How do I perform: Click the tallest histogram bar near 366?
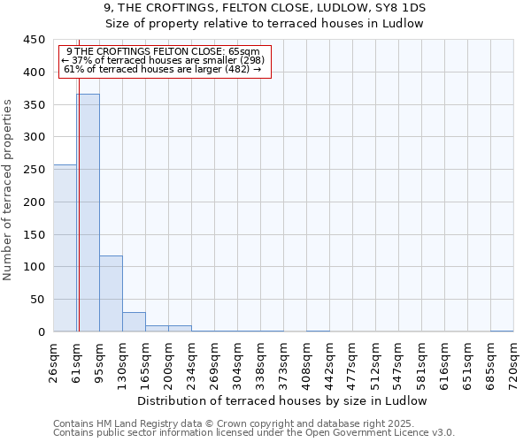[88, 212]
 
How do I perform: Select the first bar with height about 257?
[65, 248]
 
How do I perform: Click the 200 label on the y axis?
[34, 202]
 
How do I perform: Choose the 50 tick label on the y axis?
[37, 300]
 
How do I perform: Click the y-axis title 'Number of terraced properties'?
[9, 190]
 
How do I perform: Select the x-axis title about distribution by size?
[283, 400]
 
